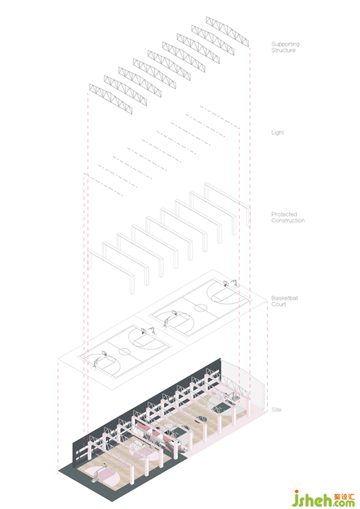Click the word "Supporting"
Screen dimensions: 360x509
(x=285, y=44)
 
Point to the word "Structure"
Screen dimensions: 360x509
(x=283, y=51)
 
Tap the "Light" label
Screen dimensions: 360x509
(x=278, y=132)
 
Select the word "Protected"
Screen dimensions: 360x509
(x=284, y=214)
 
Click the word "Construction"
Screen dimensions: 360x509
(x=288, y=220)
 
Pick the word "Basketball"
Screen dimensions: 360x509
(x=285, y=298)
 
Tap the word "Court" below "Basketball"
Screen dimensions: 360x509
(x=278, y=304)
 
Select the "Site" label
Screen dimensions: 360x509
(x=276, y=410)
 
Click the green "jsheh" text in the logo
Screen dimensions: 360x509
(x=312, y=499)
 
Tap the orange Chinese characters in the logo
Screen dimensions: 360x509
(x=344, y=497)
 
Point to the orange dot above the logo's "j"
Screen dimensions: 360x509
(x=296, y=492)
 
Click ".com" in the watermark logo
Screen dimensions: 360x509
(x=344, y=503)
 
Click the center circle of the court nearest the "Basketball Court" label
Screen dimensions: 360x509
(x=201, y=307)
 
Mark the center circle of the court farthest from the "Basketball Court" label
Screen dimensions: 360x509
(x=125, y=351)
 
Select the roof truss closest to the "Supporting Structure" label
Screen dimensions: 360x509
(x=227, y=31)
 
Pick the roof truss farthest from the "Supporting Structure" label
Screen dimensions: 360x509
(x=111, y=99)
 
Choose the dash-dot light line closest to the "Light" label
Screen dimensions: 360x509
(x=219, y=117)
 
